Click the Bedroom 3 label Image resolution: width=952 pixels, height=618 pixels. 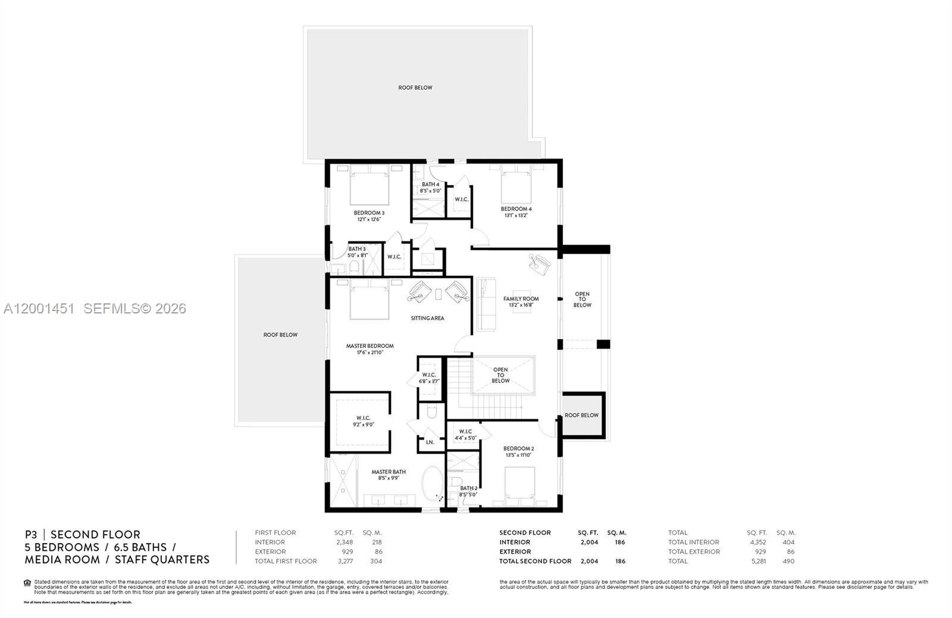369,213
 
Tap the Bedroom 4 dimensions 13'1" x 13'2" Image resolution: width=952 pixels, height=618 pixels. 516,215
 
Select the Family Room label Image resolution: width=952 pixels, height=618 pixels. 521,299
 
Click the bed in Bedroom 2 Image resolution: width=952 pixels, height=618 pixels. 519,484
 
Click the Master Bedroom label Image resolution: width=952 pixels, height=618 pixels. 369,346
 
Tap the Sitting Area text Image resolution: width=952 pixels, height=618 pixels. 427,318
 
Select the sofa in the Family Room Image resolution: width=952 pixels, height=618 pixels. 485,303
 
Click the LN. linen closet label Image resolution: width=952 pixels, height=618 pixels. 430,442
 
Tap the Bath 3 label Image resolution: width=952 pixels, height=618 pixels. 357,249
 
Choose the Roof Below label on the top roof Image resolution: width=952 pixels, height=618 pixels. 415,87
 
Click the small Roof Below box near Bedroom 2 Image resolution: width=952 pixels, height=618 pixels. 581,415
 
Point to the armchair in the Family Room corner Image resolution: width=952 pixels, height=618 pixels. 540,264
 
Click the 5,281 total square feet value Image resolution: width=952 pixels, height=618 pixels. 757,561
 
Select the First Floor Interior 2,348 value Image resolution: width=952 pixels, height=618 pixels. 344,542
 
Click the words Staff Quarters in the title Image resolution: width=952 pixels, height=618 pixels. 162,559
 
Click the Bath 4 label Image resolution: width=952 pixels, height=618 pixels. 430,184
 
